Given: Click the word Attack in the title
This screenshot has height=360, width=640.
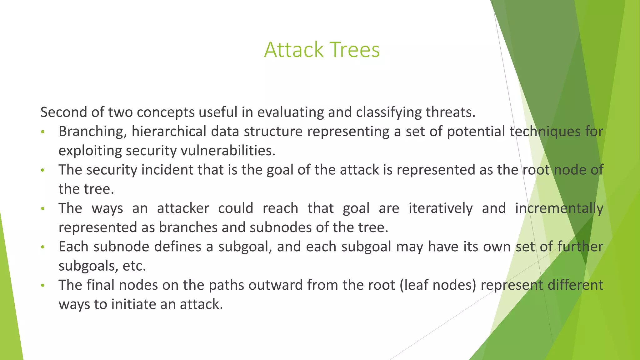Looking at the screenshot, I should [293, 50].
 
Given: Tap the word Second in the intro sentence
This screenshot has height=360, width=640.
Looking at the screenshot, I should [63, 112].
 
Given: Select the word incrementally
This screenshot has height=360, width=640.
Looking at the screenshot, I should [559, 208].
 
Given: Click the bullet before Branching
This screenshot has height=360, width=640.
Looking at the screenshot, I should [43, 132].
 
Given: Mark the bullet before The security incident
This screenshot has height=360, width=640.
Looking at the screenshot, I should [43, 170].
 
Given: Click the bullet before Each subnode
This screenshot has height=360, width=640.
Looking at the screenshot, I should [43, 247].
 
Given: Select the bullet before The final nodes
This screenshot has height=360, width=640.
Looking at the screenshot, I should [43, 286].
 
